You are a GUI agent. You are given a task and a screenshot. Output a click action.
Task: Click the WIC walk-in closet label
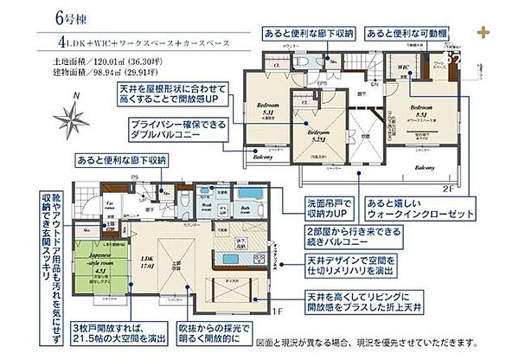click(x=402, y=66)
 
